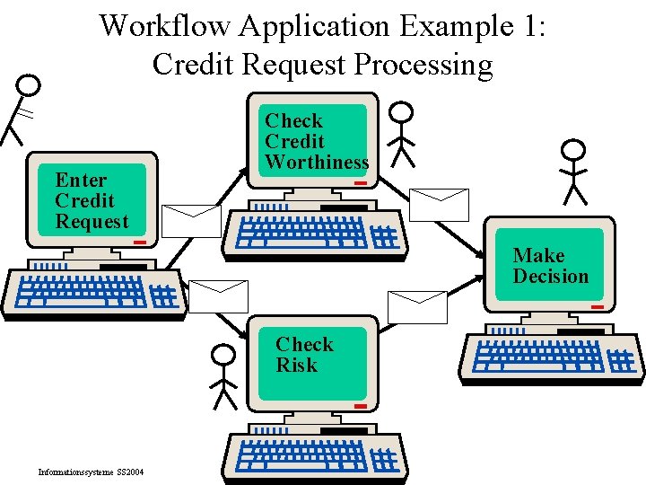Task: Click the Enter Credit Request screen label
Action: pyautogui.click(x=92, y=201)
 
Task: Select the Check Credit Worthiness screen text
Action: pyautogui.click(x=316, y=142)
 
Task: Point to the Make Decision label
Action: pyautogui.click(x=550, y=266)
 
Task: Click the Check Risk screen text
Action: pyautogui.click(x=304, y=355)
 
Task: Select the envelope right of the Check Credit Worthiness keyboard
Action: pyautogui.click(x=439, y=205)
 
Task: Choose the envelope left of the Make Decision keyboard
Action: pyautogui.click(x=417, y=306)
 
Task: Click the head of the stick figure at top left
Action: pyautogui.click(x=31, y=85)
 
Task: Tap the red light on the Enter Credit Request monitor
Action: pyautogui.click(x=140, y=242)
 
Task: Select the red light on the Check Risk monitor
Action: pyautogui.click(x=360, y=406)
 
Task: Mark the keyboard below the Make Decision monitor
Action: pyautogui.click(x=552, y=357)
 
